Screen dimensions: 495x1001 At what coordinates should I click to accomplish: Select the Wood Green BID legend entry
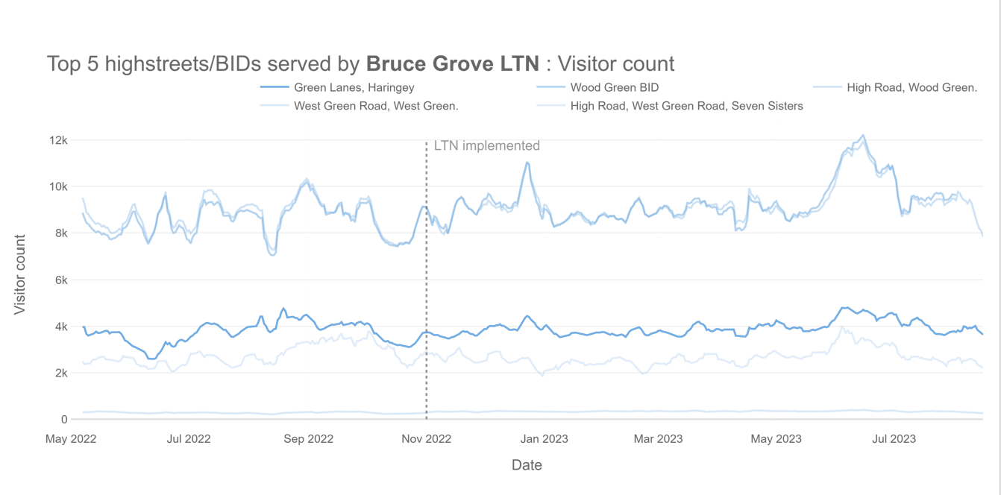(614, 87)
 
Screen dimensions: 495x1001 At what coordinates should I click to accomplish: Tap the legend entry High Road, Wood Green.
(911, 87)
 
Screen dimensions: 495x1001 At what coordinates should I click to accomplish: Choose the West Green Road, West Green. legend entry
(376, 106)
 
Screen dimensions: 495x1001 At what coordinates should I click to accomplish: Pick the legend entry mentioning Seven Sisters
(686, 106)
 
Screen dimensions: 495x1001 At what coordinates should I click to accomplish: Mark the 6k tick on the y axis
(61, 280)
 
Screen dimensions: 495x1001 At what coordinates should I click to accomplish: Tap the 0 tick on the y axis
(64, 420)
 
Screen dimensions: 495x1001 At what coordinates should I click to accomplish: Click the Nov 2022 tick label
(426, 439)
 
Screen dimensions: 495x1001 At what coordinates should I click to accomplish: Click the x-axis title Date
(527, 465)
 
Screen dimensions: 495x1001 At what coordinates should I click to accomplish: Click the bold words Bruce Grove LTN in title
(452, 63)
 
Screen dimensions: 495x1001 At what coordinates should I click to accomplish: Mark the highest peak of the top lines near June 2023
(863, 136)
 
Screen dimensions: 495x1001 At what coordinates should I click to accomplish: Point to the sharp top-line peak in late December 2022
(527, 163)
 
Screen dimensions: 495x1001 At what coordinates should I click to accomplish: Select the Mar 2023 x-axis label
(658, 439)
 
